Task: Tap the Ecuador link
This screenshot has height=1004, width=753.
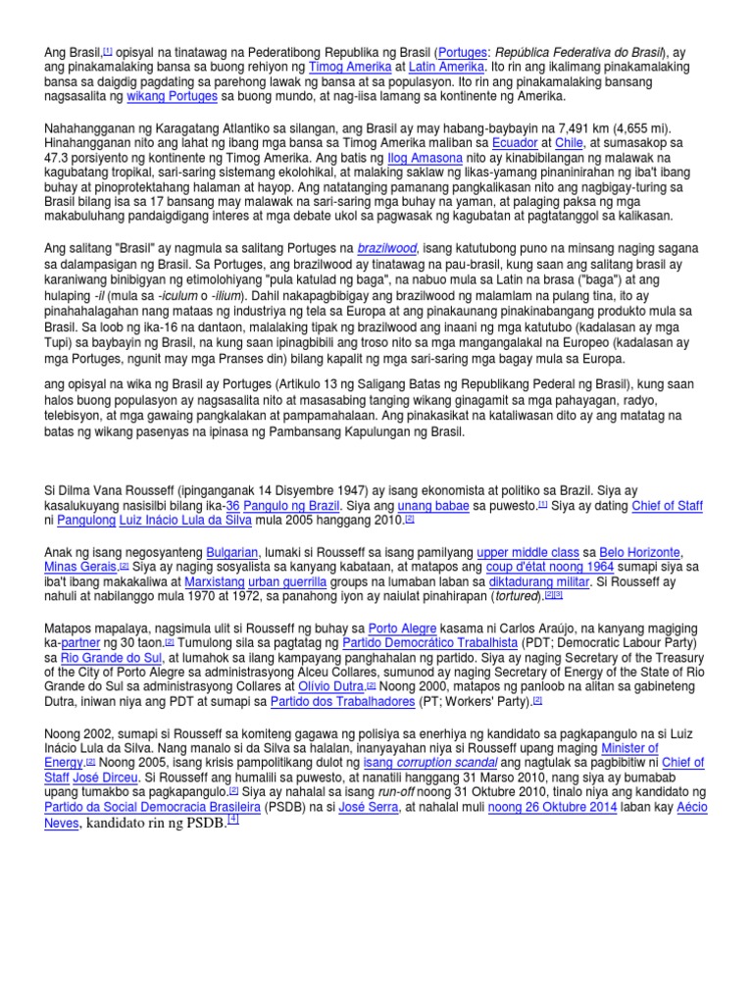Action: coord(515,141)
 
